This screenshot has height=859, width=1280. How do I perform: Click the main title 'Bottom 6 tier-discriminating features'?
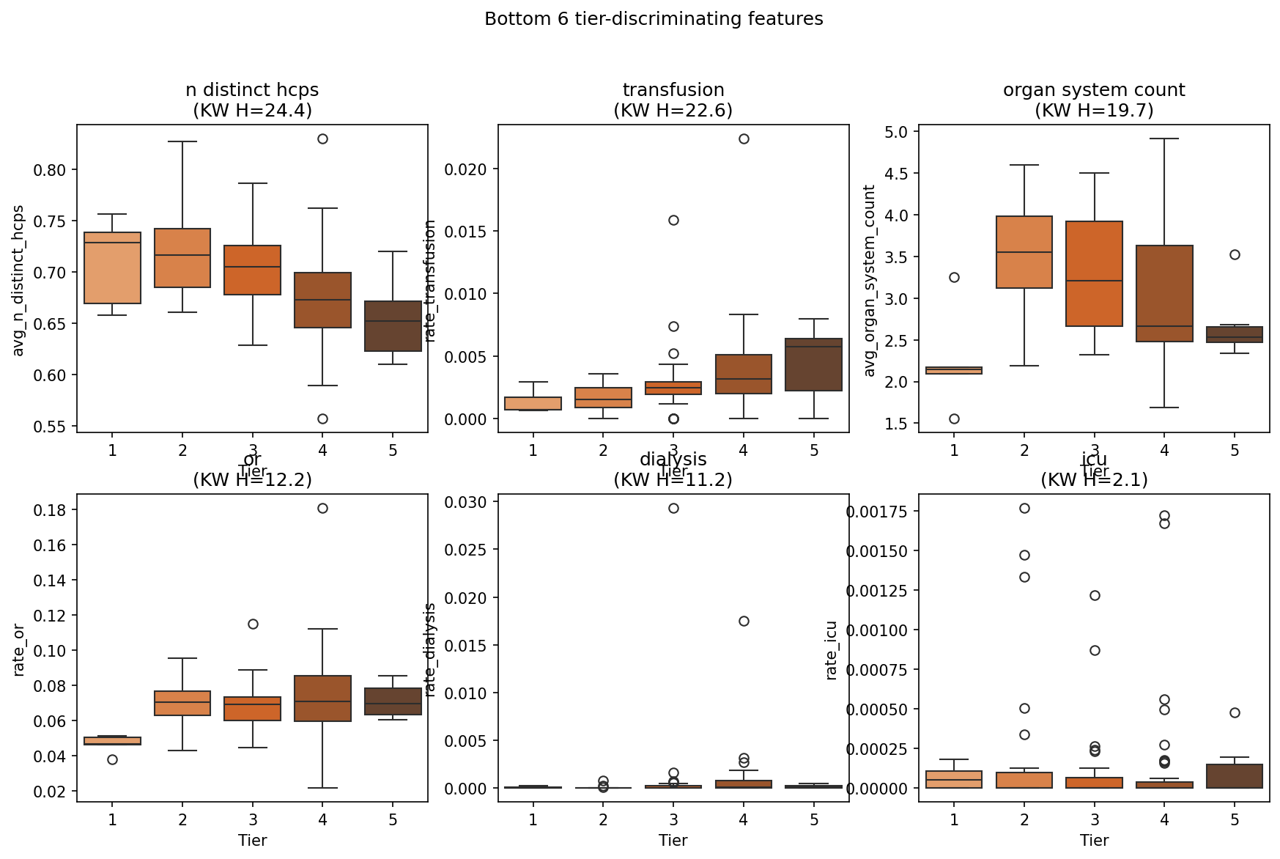(x=654, y=19)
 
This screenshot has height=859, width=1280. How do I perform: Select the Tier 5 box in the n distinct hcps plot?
(x=393, y=326)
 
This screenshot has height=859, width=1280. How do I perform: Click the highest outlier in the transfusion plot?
(x=744, y=139)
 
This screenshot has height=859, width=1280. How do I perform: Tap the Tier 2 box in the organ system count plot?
(x=1024, y=252)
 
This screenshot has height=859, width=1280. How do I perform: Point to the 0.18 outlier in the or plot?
(x=322, y=508)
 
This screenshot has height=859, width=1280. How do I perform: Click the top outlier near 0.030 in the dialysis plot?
(x=673, y=508)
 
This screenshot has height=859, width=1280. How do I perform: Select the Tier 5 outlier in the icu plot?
(x=1235, y=712)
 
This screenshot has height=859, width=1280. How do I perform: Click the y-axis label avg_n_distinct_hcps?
(x=19, y=281)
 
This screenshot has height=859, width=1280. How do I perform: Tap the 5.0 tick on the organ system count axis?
(x=898, y=132)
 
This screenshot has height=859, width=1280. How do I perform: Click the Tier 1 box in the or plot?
(x=112, y=741)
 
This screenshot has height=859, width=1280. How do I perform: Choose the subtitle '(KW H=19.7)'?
(x=1094, y=111)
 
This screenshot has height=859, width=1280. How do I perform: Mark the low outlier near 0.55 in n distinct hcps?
(x=322, y=419)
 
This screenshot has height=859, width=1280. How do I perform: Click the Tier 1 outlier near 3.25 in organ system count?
(x=954, y=277)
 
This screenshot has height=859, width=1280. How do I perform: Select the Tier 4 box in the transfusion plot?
(x=744, y=374)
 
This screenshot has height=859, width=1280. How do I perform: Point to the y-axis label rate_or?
(x=19, y=650)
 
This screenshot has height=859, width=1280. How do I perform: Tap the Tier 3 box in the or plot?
(x=253, y=709)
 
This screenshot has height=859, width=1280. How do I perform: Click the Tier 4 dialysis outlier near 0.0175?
(x=744, y=621)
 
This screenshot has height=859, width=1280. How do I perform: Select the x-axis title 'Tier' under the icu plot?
(x=1094, y=840)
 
